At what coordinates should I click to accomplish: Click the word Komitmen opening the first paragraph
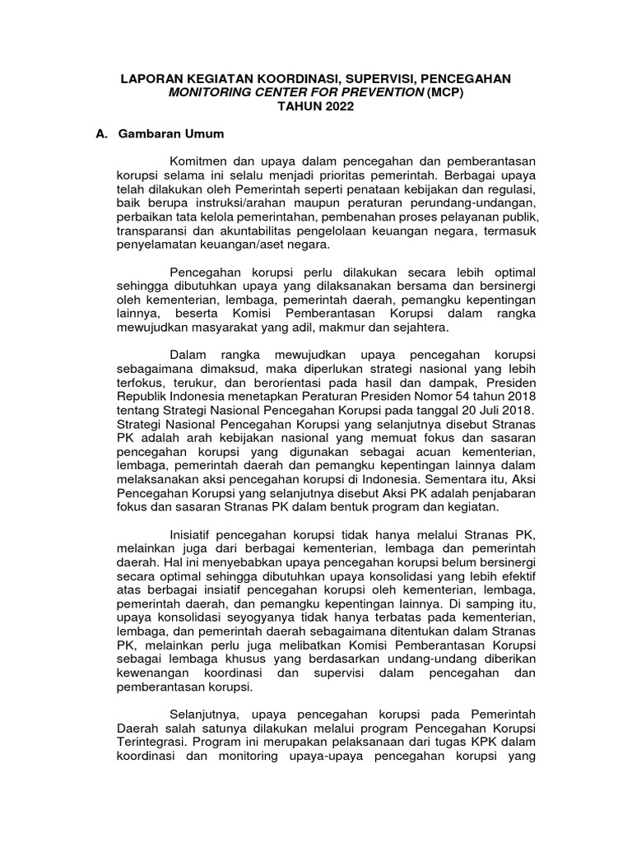[x=201, y=161]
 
